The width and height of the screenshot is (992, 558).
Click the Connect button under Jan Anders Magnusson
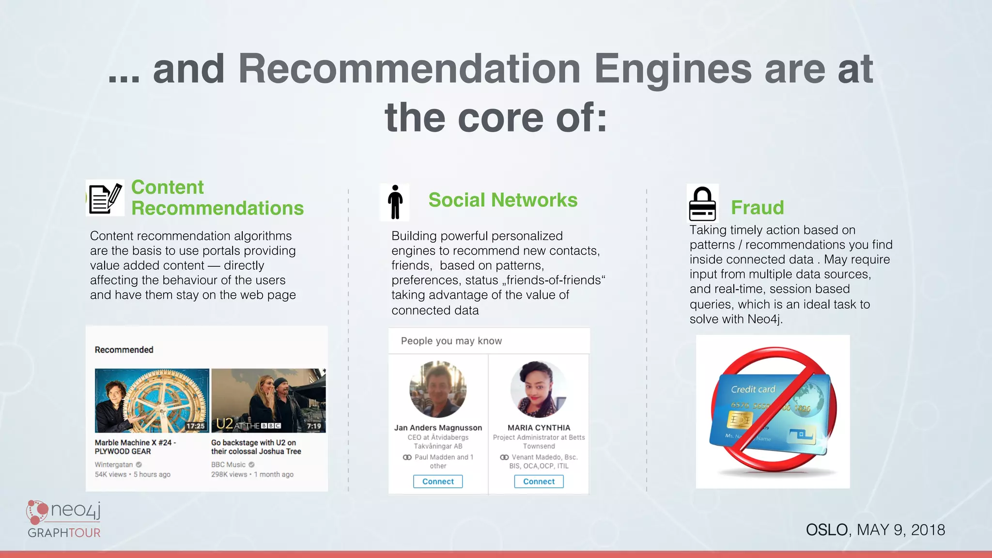coord(438,481)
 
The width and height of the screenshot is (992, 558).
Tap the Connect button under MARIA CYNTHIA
coord(539,481)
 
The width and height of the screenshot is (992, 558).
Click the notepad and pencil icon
coord(105,198)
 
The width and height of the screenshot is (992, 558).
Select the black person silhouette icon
coord(395,202)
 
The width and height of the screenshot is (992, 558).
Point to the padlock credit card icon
coord(702,204)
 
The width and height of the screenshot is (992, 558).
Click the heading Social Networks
coord(503,200)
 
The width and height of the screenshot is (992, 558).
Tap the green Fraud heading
coord(757,208)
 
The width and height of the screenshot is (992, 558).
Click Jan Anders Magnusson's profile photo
coord(438,389)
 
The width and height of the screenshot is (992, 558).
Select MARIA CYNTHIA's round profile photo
coord(539,389)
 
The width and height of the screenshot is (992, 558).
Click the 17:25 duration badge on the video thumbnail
coord(195,426)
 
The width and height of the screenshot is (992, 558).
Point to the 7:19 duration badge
coord(314,426)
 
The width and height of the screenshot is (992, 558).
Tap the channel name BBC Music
coord(228,465)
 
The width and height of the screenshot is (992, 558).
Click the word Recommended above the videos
coord(124,350)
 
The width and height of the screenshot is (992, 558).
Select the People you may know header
coord(451,341)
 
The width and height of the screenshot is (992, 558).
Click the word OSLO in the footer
coord(827,530)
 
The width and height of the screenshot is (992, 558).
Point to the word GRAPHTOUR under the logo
coord(64,533)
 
